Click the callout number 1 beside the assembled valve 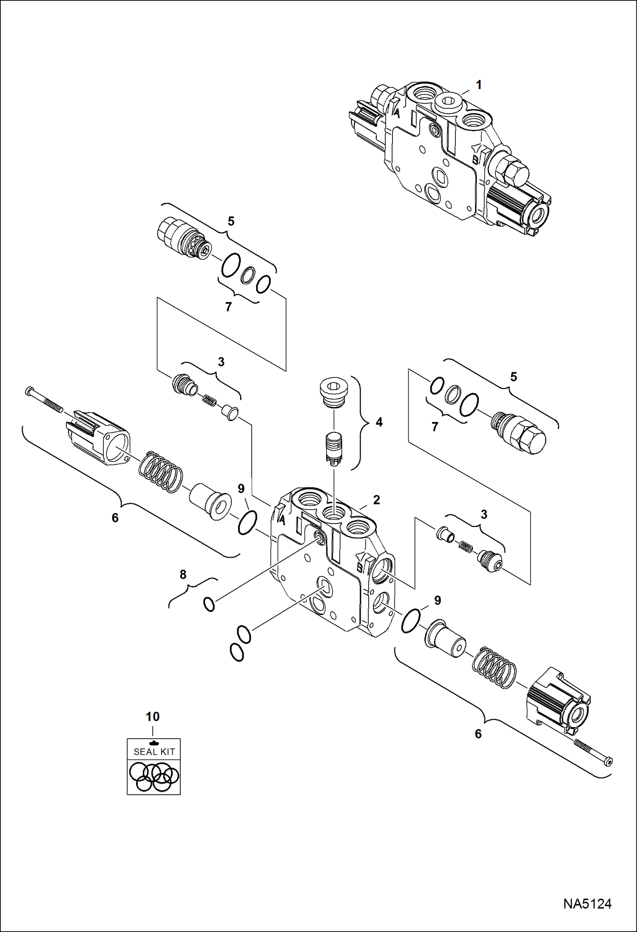pos(478,85)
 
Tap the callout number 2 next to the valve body pos(376,500)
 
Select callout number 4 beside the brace pos(379,422)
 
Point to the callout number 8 pos(183,575)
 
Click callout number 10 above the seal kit pos(153,717)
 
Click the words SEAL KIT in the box pos(154,751)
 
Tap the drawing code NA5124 pos(587,904)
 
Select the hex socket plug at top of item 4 pos(334,390)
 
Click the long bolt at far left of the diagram pos(44,399)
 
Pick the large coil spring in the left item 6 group pos(161,471)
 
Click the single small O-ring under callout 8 pos(209,604)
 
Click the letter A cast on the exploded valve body pos(282,518)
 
